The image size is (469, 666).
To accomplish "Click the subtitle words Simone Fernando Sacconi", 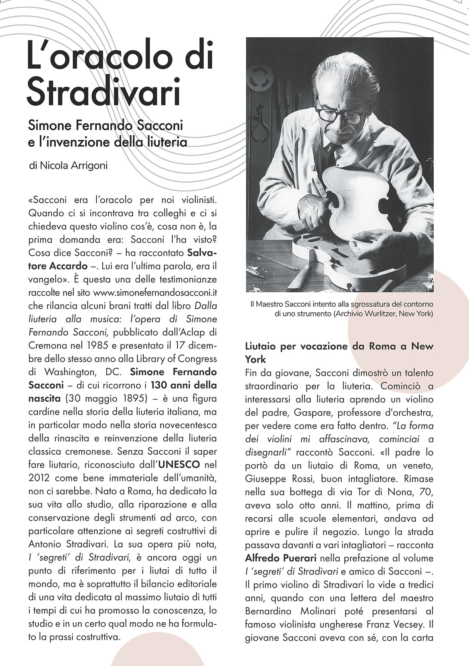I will tap(106, 126).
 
